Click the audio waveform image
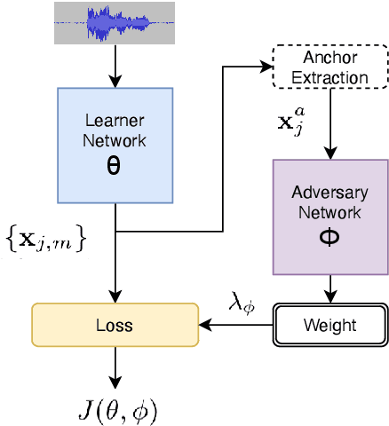coord(115,23)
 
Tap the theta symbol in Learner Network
coord(114,166)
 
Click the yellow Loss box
coord(115,325)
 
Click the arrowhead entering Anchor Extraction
coord(267,65)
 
